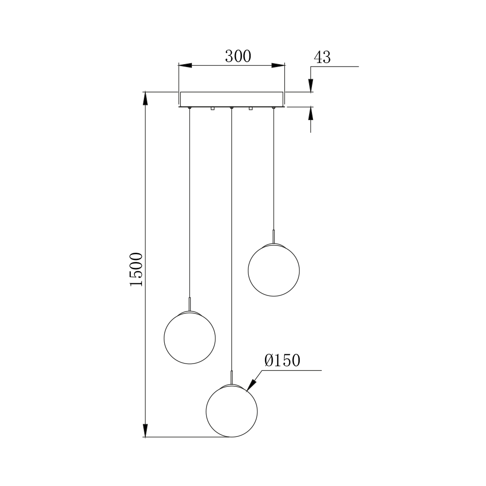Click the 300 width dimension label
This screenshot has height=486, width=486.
pos(238,56)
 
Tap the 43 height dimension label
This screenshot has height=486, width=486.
pos(322,57)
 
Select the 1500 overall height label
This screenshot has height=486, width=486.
pos(137,269)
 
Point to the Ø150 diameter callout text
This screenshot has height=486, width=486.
pos(282,360)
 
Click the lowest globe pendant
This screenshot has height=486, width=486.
pos(232,411)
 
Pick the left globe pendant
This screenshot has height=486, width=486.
pos(190,338)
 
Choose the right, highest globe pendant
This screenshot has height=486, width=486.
pos(274,270)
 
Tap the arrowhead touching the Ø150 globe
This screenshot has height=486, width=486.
pos(251,385)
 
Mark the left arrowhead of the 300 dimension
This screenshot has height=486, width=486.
pos(185,66)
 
